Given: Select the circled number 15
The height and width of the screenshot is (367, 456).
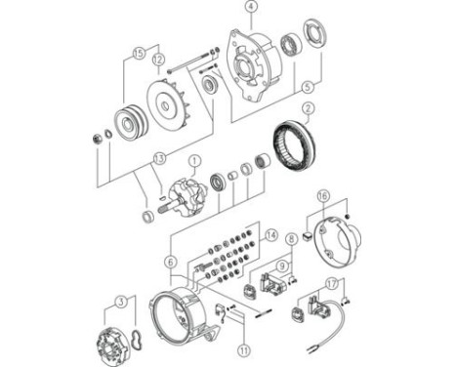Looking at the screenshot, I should (138, 53).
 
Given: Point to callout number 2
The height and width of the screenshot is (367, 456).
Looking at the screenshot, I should (308, 108).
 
